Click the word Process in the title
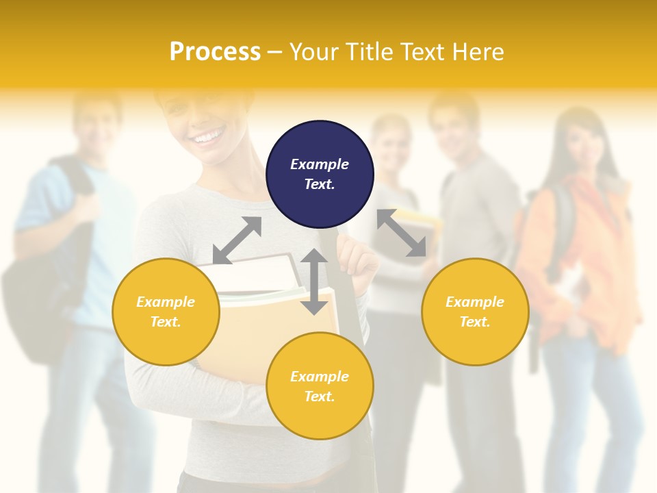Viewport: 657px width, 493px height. [215, 52]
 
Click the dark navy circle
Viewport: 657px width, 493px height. [320, 174]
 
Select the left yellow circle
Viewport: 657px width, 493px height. [166, 312]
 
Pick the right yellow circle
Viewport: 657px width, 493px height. [475, 312]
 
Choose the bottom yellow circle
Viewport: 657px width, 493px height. [320, 385]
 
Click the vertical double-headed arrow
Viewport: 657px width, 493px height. [314, 281]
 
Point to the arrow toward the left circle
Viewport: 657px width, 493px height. [237, 240]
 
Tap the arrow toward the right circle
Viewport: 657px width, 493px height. [402, 233]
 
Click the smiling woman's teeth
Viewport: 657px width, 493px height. [207, 138]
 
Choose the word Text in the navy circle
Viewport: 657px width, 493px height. [320, 184]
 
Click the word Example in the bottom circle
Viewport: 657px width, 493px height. [320, 376]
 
